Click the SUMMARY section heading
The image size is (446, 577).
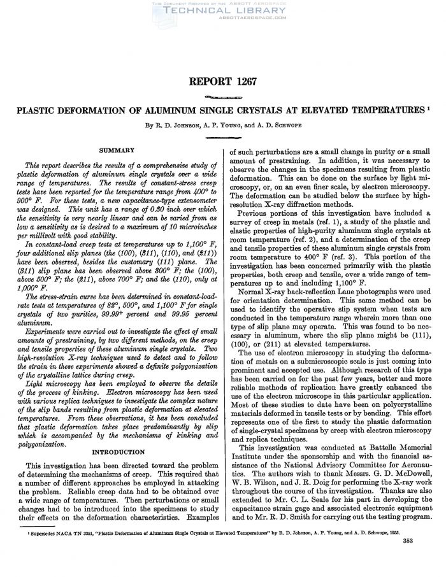click(x=116, y=150)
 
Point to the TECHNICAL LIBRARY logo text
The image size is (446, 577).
click(x=223, y=11)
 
